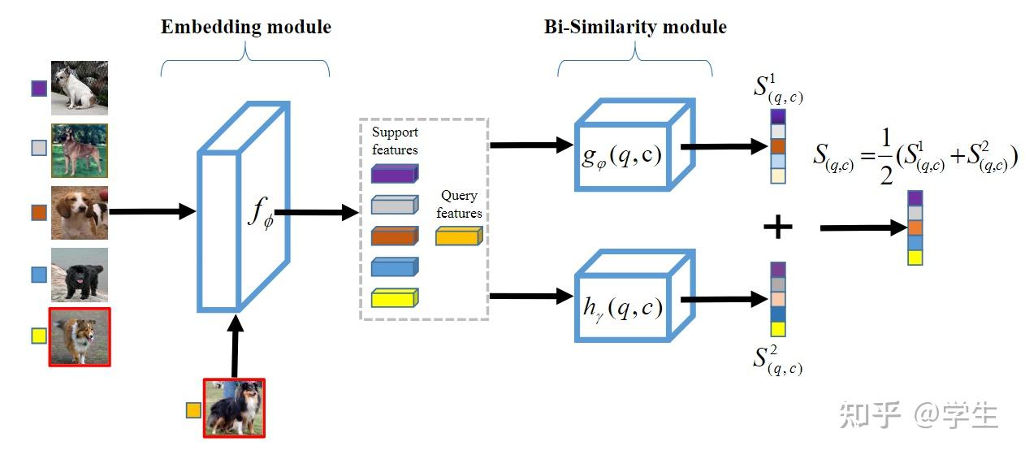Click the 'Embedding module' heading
tap(245, 27)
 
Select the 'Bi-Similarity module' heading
tap(634, 27)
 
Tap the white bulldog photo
tap(79, 88)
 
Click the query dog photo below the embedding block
tap(234, 408)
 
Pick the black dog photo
tap(79, 275)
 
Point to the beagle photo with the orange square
tap(79, 212)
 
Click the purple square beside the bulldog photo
tap(38, 88)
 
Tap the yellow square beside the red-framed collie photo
tap(38, 336)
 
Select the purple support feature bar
tap(394, 173)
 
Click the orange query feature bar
tap(459, 236)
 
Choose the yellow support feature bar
tap(394, 298)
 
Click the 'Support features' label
tap(395, 140)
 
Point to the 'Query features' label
tap(459, 204)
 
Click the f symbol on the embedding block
tap(260, 214)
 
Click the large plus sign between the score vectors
tap(777, 227)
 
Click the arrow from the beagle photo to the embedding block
tap(153, 212)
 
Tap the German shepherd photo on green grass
tap(79, 150)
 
